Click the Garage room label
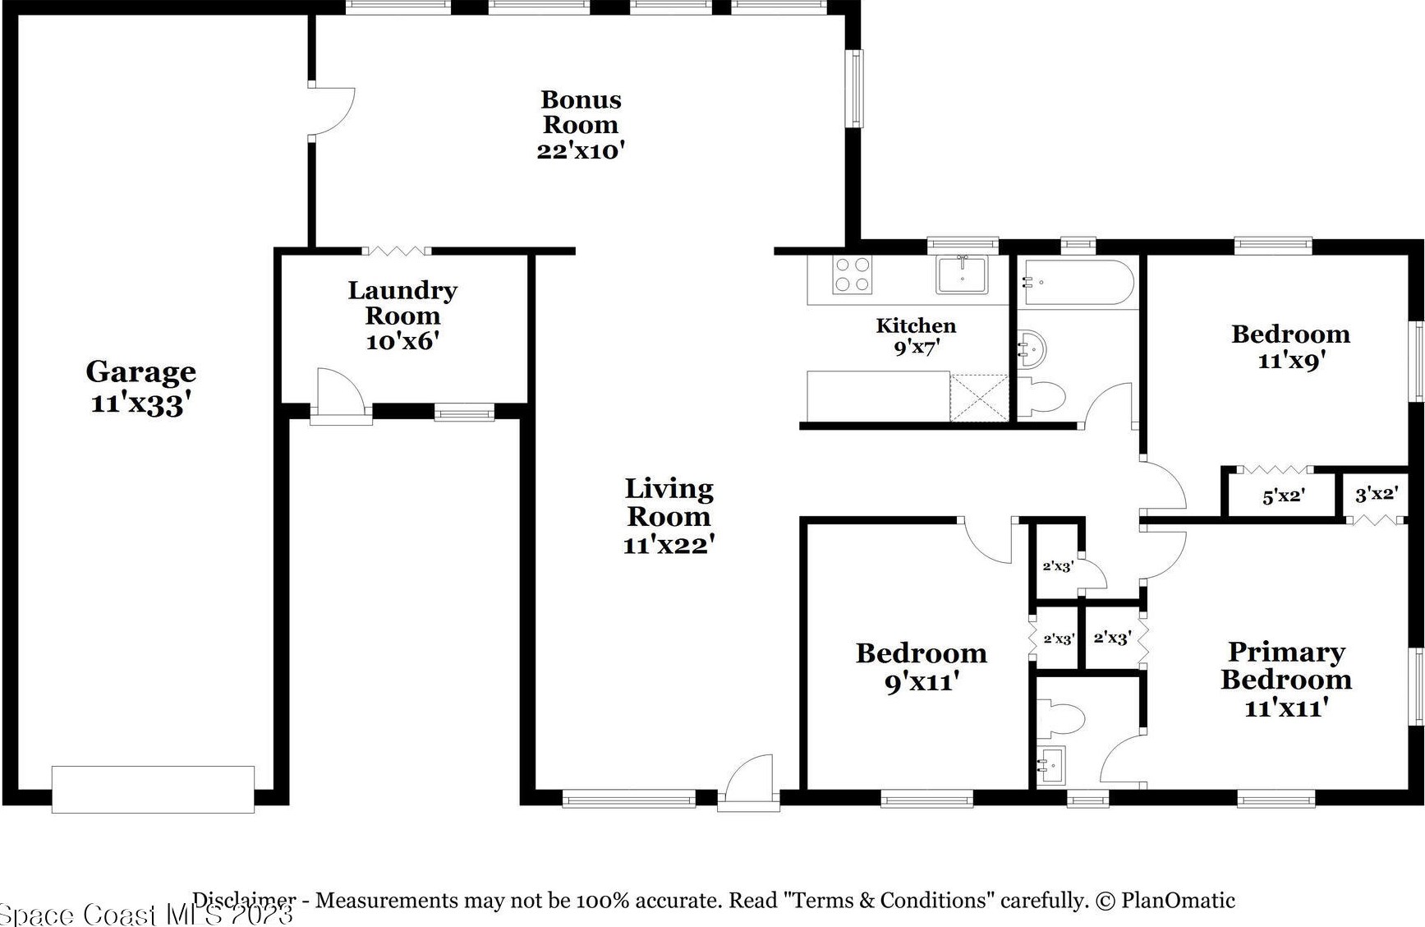[141, 387]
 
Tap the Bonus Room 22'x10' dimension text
[581, 151]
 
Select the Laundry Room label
[402, 302]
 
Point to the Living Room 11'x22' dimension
[669, 545]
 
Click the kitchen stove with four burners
[852, 274]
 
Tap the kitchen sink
[962, 274]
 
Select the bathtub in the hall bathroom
[1078, 283]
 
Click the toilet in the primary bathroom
[1060, 718]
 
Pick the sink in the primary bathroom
[1050, 766]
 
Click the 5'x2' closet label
[1284, 496]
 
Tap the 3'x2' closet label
[1377, 494]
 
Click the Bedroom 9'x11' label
[922, 667]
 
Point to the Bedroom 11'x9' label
[1291, 347]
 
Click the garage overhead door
[153, 790]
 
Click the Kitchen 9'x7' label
[916, 336]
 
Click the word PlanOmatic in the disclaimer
[1178, 901]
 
